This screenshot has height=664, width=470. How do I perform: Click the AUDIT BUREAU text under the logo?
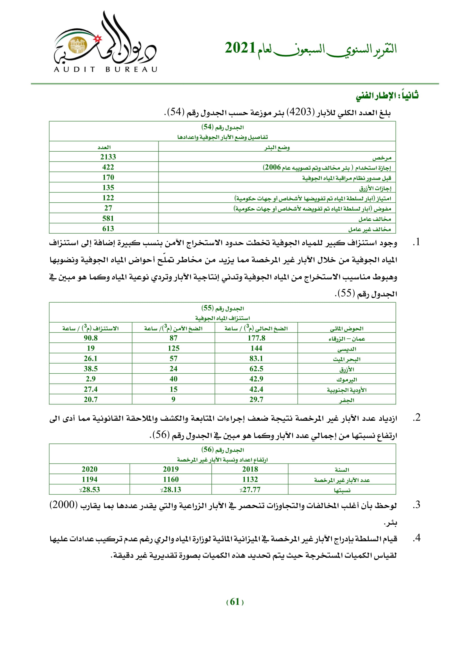[105, 69]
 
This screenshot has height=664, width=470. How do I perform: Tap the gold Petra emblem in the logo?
[78, 45]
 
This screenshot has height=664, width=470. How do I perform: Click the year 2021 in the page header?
[240, 48]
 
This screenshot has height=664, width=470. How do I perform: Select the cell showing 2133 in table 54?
[108, 157]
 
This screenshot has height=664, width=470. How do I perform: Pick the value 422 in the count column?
[108, 167]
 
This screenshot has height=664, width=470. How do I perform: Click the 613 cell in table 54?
[108, 229]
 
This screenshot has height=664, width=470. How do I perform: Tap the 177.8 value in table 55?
[256, 338]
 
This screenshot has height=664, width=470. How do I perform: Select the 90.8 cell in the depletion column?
[91, 338]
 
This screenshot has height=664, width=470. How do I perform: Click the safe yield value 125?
[173, 348]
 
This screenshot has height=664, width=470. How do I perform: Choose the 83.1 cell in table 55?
[256, 359]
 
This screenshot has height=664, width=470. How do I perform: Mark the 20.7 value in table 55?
[91, 399]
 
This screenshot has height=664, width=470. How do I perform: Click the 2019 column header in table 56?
[171, 469]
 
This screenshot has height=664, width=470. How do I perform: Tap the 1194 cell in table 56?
[90, 479]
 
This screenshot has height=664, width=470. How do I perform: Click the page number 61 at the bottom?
[235, 602]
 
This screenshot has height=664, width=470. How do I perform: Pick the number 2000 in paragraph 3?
[63, 505]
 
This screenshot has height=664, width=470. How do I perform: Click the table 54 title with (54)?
[222, 127]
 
